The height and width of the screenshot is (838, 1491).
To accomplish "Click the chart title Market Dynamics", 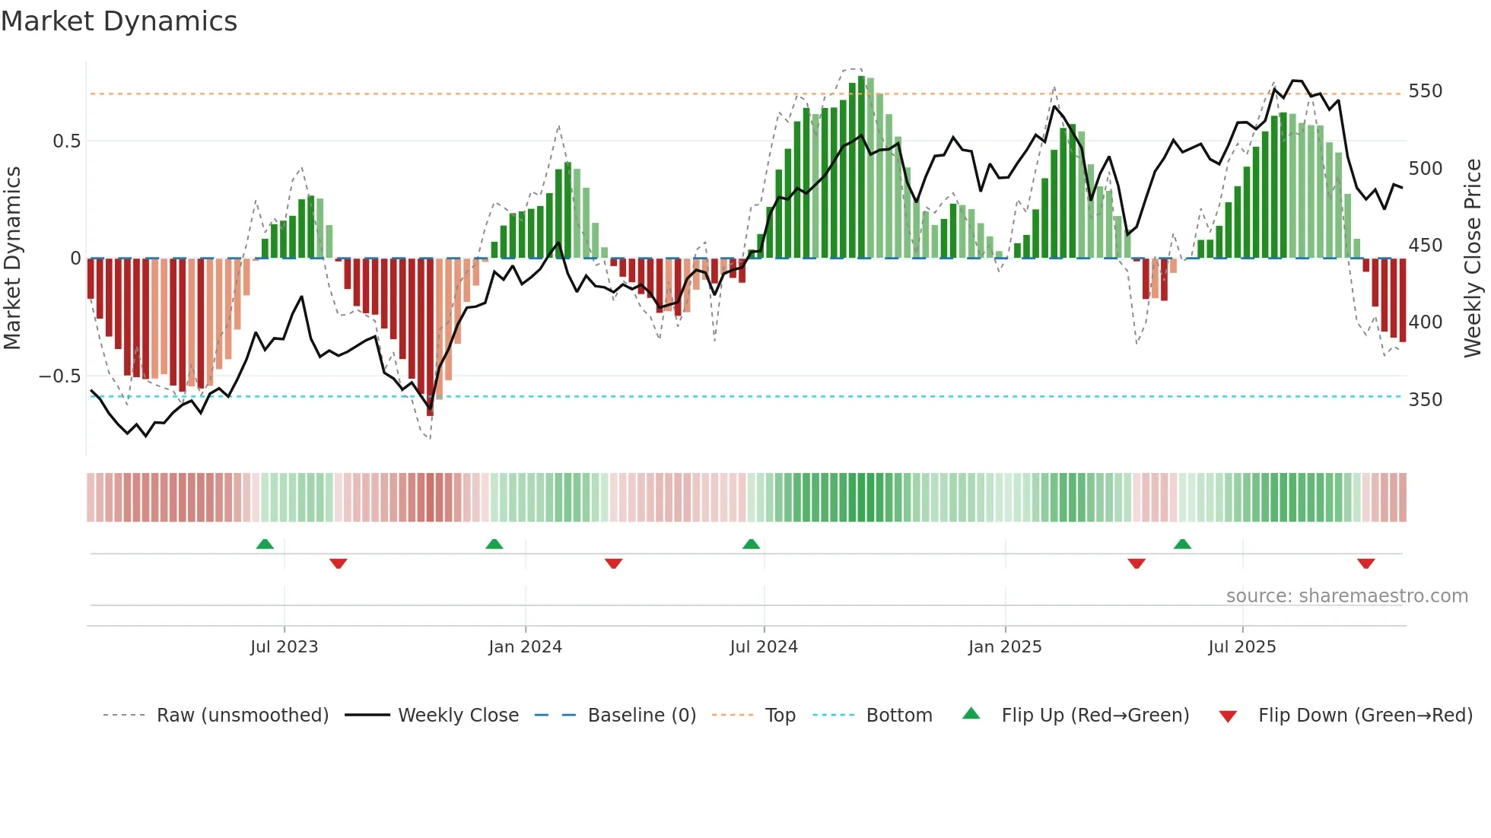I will click(119, 21).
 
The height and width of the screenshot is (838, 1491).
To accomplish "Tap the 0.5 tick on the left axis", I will click(66, 141).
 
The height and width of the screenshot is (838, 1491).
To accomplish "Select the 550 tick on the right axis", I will click(1425, 91).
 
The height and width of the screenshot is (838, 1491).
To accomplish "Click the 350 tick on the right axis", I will click(1425, 400).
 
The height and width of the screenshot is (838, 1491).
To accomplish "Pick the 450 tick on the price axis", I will click(1425, 246).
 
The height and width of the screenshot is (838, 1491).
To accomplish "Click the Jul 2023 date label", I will click(284, 647).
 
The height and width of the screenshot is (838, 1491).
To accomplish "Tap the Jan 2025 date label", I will click(1004, 647).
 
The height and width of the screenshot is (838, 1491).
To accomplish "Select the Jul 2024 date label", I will click(764, 647).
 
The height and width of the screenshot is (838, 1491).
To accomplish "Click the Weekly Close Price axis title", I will click(1473, 259).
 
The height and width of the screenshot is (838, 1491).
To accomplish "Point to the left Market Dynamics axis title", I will click(12, 259).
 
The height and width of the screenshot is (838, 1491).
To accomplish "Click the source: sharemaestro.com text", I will click(1346, 596).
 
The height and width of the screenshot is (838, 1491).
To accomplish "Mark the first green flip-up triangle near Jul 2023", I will click(265, 544).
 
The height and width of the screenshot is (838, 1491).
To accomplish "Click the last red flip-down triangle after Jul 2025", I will click(1365, 563).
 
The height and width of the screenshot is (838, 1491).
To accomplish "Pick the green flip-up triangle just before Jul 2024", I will click(751, 544).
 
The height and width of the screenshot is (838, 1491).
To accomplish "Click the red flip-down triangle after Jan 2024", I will click(614, 563).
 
